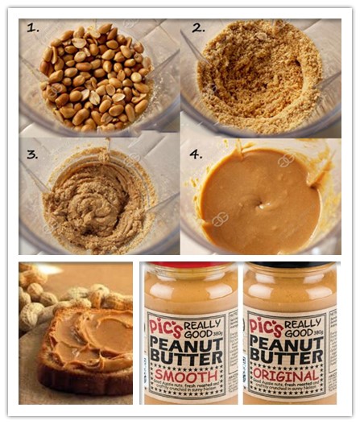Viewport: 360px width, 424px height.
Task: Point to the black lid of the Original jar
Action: coord(288,264)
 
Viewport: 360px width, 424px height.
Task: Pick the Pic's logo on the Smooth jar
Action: coord(164,325)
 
